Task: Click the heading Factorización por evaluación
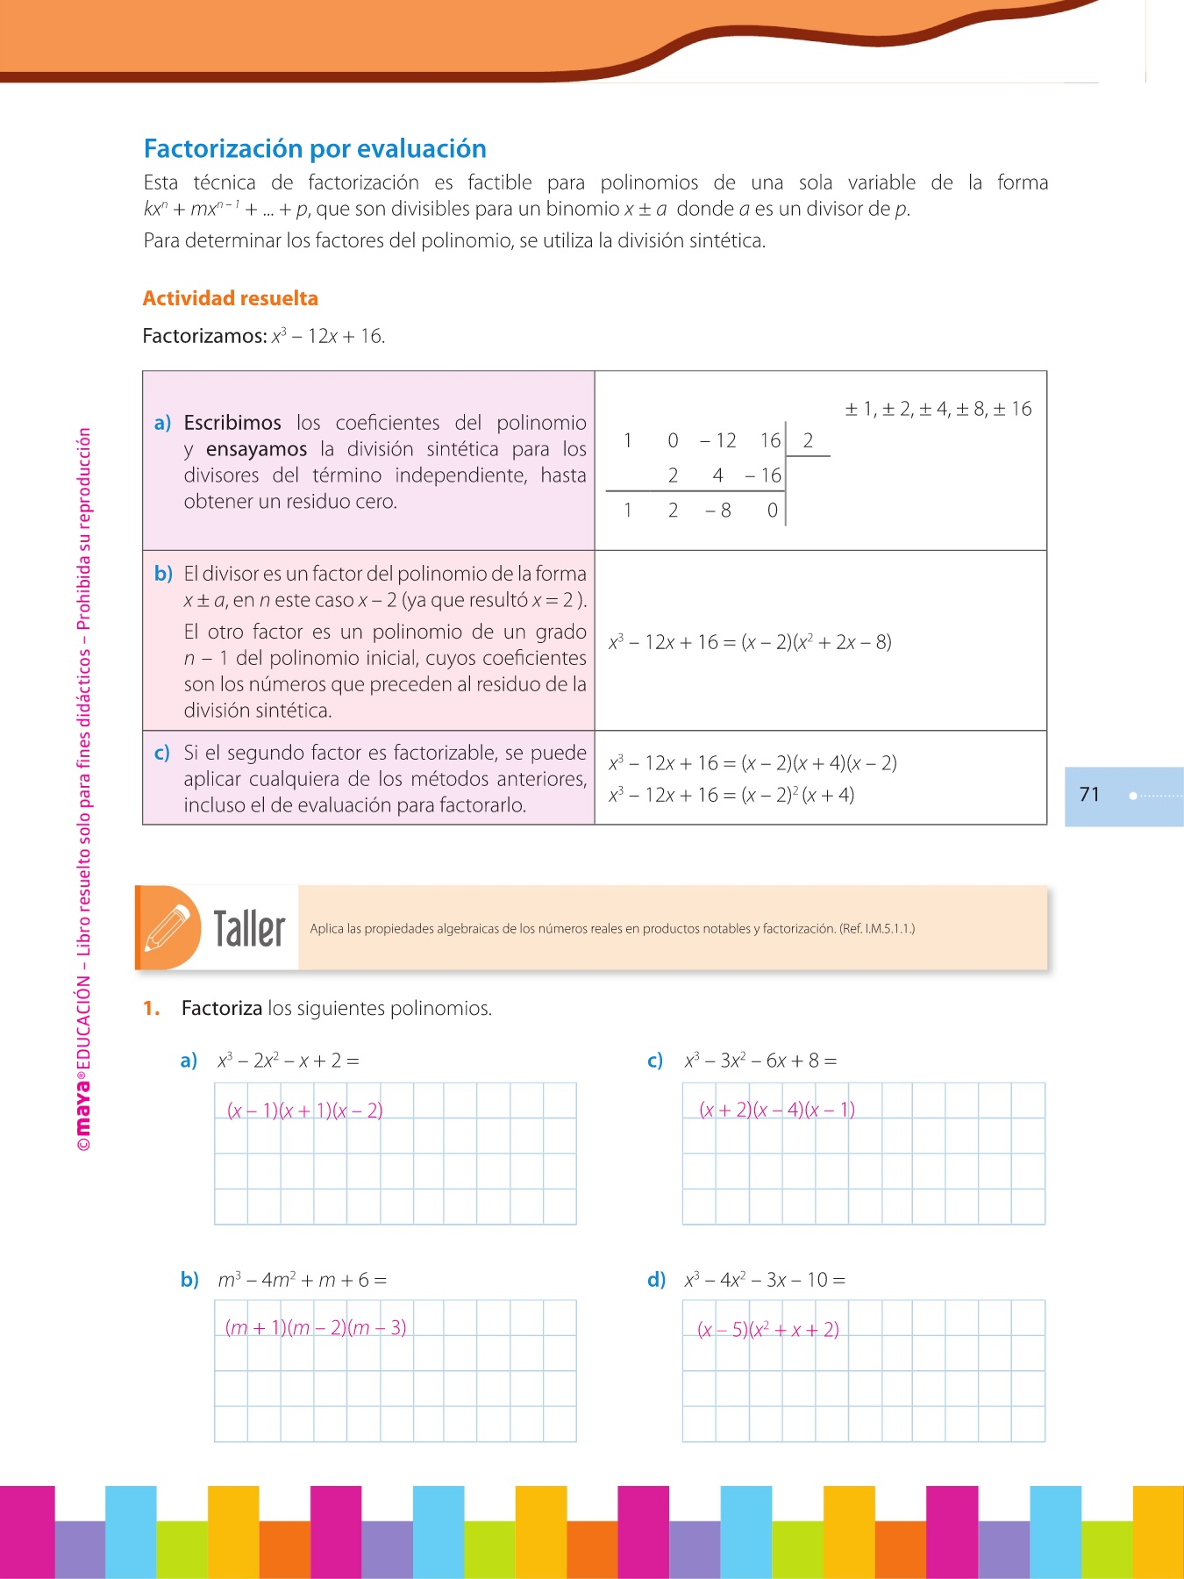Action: [x=315, y=149]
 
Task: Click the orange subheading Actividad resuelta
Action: [x=230, y=298]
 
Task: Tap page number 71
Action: [x=1089, y=795]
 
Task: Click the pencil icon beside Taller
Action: [x=168, y=928]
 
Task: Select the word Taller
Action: [x=250, y=928]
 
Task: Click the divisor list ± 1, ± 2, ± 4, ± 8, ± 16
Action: [x=938, y=409]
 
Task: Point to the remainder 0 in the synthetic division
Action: [x=772, y=511]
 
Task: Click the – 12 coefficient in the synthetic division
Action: [x=717, y=440]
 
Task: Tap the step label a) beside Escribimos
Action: [x=162, y=423]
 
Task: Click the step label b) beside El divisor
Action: [x=163, y=574]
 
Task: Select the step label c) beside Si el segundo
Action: [x=162, y=753]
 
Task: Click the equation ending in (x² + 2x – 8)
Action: [x=750, y=642]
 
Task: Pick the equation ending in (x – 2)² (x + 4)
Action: [x=731, y=795]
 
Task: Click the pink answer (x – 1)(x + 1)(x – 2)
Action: [x=304, y=1111]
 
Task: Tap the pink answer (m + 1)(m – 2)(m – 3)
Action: [x=316, y=1327]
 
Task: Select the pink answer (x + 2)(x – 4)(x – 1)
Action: [x=776, y=1110]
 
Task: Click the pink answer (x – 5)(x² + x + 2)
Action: [x=768, y=1329]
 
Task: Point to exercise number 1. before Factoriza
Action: [x=152, y=1009]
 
